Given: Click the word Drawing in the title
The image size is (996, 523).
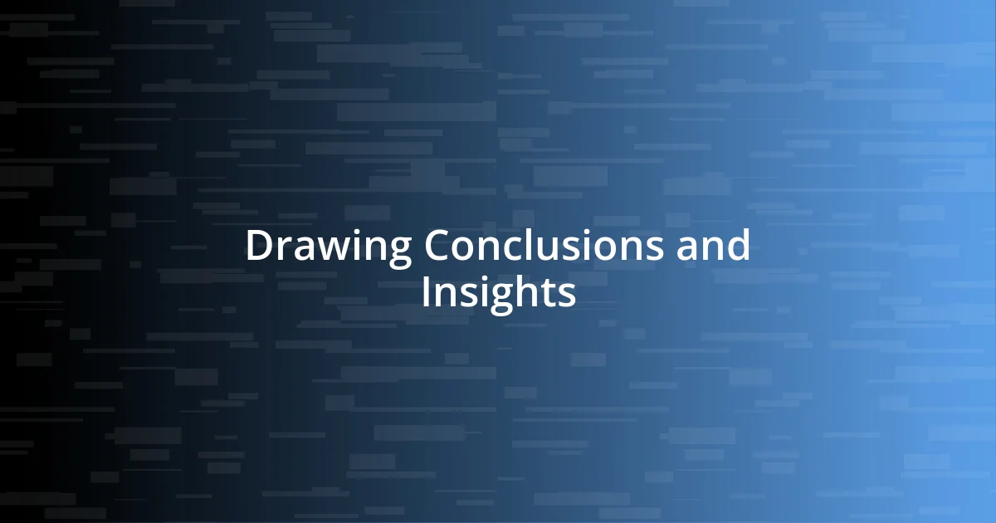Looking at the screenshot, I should coord(330,247).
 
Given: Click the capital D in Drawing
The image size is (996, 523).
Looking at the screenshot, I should coord(258,247).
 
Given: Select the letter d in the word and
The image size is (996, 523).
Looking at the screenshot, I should coord(738,247).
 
